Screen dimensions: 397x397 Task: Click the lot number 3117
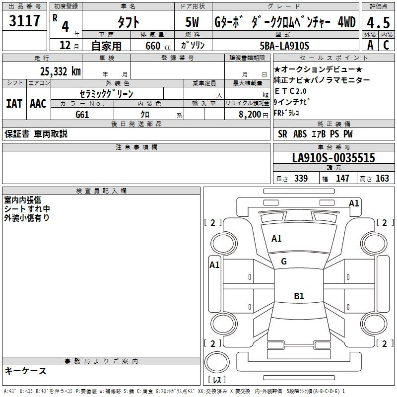[24, 21]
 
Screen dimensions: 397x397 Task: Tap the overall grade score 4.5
[378, 23]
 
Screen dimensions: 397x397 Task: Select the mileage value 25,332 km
[60, 71]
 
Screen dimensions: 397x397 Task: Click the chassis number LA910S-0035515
[333, 158]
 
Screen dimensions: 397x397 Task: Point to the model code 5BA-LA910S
[284, 46]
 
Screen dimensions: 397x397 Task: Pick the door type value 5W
[192, 22]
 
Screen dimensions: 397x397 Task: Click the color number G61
[82, 115]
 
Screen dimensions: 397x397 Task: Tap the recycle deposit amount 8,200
[250, 115]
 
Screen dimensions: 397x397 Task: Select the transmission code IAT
[14, 104]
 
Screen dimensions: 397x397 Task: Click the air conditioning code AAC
[38, 104]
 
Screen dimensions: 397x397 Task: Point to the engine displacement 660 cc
[158, 46]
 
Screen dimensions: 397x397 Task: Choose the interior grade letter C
[386, 45]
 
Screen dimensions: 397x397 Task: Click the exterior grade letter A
[370, 45]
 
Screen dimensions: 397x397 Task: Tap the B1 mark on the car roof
[299, 296]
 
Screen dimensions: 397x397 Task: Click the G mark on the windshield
[284, 262]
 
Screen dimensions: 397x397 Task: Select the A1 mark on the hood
[276, 239]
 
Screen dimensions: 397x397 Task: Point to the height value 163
[382, 178]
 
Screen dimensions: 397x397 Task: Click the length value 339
[301, 178]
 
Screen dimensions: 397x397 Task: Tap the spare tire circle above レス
[217, 362]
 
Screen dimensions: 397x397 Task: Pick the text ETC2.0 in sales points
[290, 91]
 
